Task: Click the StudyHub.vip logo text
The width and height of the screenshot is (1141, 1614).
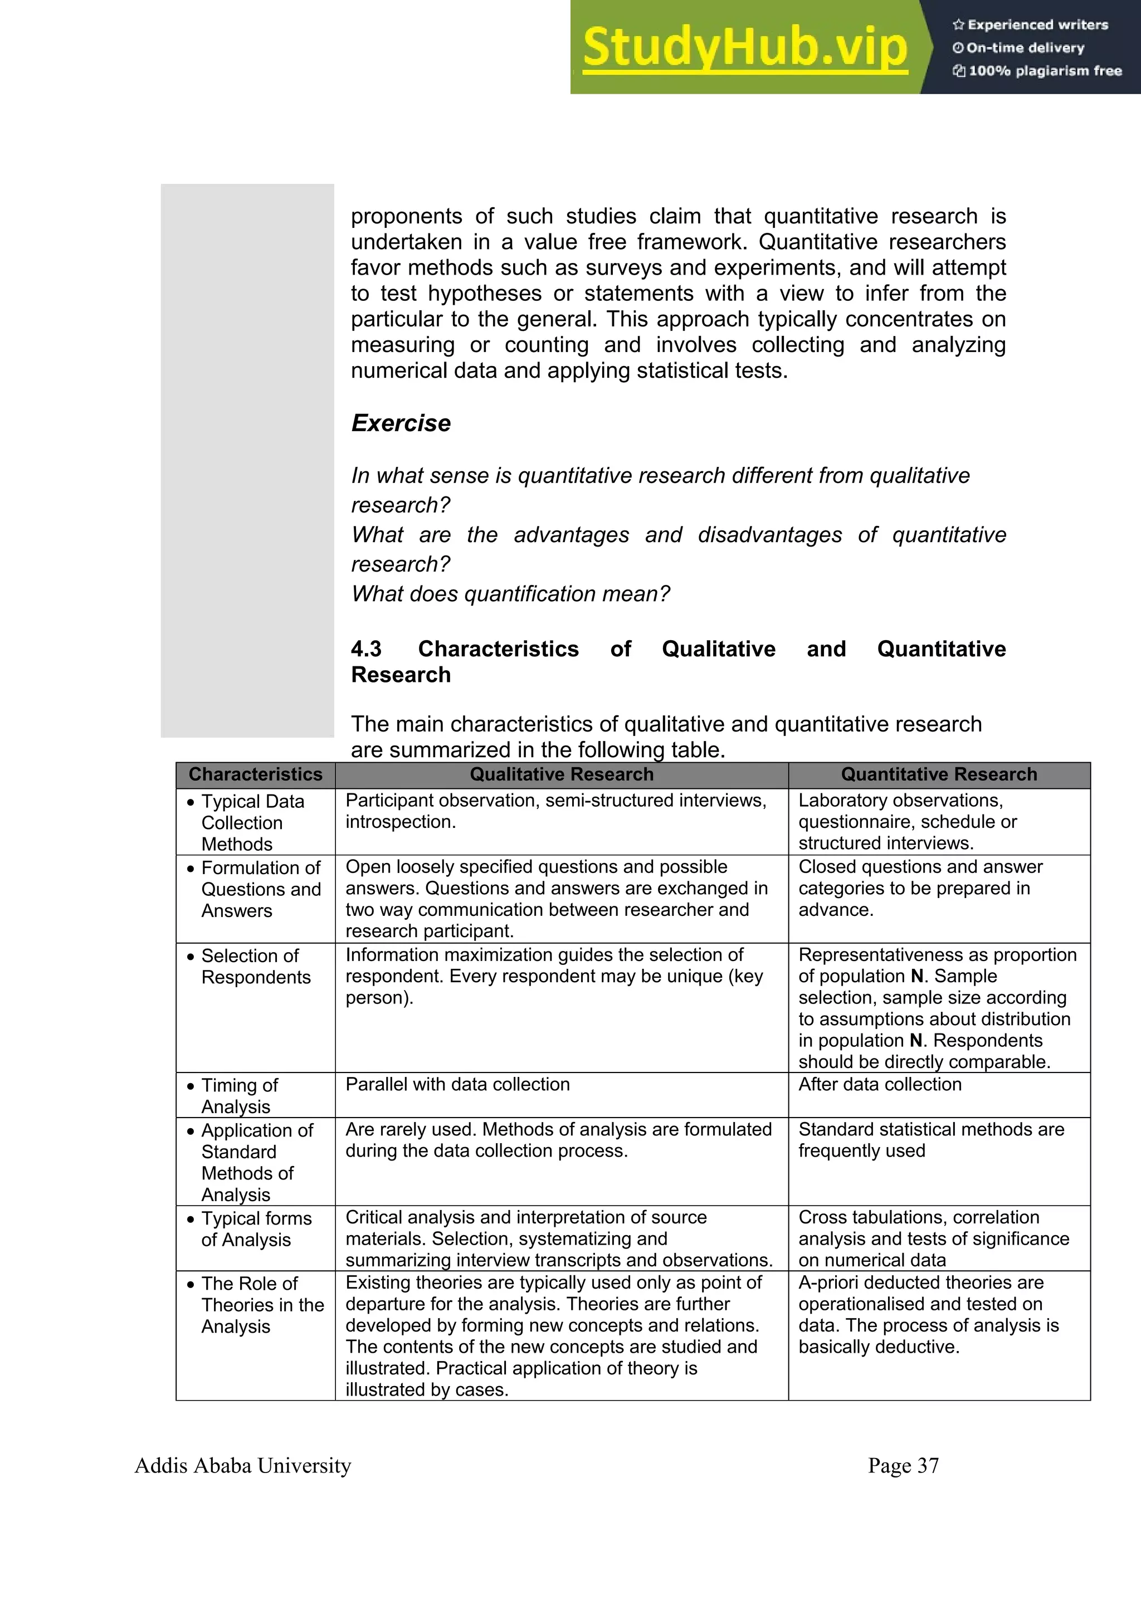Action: pyautogui.click(x=745, y=48)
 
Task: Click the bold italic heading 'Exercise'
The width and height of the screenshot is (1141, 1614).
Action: pyautogui.click(x=401, y=423)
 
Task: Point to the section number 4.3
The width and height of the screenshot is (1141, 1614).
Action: pyautogui.click(x=366, y=649)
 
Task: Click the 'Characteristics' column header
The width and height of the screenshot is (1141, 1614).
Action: pyautogui.click(x=255, y=774)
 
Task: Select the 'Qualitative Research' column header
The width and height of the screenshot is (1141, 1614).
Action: pyautogui.click(x=561, y=774)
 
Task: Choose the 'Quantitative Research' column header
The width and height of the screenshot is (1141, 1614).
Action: pyautogui.click(x=939, y=774)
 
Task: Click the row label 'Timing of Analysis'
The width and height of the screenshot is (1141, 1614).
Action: pyautogui.click(x=239, y=1095)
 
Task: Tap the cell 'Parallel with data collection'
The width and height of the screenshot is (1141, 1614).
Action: pyautogui.click(x=457, y=1084)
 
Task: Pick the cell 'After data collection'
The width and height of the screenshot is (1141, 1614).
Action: pyautogui.click(x=880, y=1084)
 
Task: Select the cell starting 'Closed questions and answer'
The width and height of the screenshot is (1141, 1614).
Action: pyautogui.click(x=920, y=888)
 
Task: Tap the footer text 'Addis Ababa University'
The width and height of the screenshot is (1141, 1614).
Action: pyautogui.click(x=242, y=1466)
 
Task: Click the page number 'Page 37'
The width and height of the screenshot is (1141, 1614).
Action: pyautogui.click(x=903, y=1466)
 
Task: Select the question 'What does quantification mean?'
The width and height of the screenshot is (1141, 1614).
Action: pyautogui.click(x=510, y=594)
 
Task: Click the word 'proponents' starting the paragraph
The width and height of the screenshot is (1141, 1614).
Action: pyautogui.click(x=406, y=217)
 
